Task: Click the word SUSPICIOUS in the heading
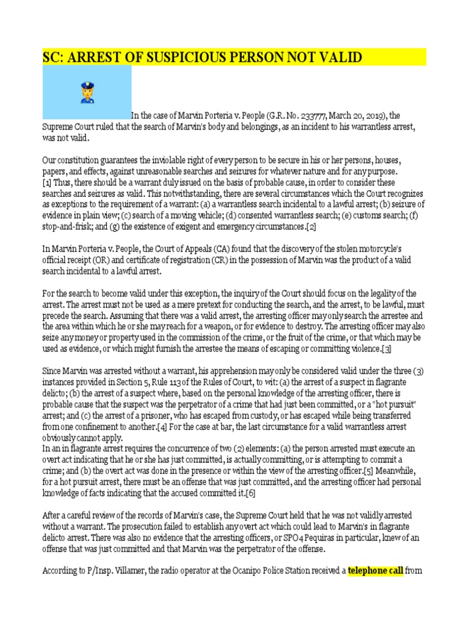click(172, 57)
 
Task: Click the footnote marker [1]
click(46, 183)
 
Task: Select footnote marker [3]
click(386, 349)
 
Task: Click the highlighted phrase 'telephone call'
click(376, 571)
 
